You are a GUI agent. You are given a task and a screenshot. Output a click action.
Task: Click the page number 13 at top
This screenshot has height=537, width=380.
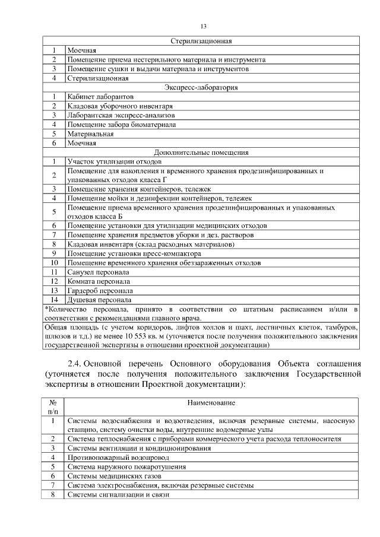[203, 27]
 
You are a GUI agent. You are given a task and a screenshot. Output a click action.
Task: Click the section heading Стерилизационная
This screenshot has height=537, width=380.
[201, 42]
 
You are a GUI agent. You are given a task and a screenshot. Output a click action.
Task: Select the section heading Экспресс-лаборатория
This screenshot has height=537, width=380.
[201, 87]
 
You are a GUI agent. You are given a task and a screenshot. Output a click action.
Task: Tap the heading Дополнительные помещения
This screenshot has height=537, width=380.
[201, 152]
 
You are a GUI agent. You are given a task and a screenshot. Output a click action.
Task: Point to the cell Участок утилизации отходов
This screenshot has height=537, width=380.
[114, 161]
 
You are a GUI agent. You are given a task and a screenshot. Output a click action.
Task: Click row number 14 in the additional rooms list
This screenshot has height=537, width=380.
[53, 300]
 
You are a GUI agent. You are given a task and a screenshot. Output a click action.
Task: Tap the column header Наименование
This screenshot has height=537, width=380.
[211, 403]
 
